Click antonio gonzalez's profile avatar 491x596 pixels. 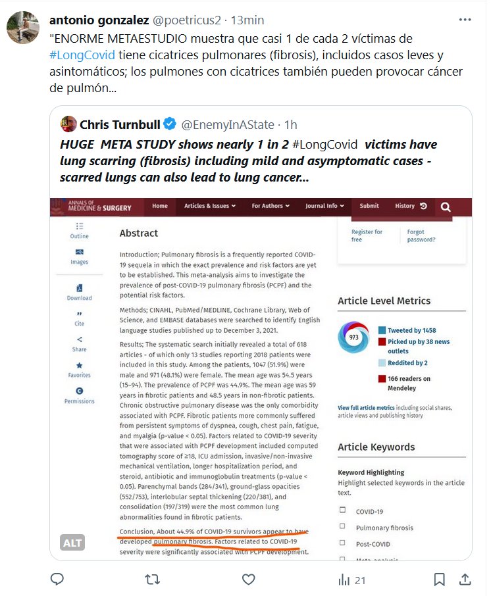pyautogui.click(x=22, y=27)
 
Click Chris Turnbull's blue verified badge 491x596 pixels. pyautogui.click(x=170, y=124)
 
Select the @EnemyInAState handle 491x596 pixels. pyautogui.click(x=227, y=124)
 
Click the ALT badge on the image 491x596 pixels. pyautogui.click(x=72, y=543)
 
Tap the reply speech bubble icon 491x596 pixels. pyautogui.click(x=57, y=580)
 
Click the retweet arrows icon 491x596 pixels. pyautogui.click(x=153, y=580)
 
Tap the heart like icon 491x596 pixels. pyautogui.click(x=248, y=580)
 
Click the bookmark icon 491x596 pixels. pyautogui.click(x=439, y=580)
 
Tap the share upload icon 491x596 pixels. pyautogui.click(x=465, y=580)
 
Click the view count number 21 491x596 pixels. pyautogui.click(x=359, y=580)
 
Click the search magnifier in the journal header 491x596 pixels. pyautogui.click(x=446, y=207)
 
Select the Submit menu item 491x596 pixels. pyautogui.click(x=369, y=206)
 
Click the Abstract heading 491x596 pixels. pyautogui.click(x=139, y=233)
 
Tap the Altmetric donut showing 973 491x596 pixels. pyautogui.click(x=353, y=337)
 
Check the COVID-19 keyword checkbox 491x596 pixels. pyautogui.click(x=342, y=510)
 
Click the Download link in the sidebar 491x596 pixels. pyautogui.click(x=80, y=292)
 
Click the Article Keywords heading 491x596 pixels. pyautogui.click(x=376, y=447)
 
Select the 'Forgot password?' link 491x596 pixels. pyautogui.click(x=421, y=236)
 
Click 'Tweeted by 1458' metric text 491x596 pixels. pyautogui.click(x=411, y=330)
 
